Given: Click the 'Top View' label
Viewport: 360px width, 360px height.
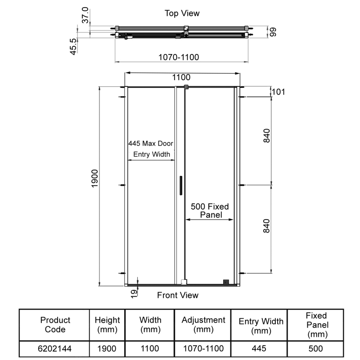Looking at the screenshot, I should (x=182, y=13).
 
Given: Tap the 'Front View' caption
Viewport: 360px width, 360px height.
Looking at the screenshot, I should (x=177, y=295).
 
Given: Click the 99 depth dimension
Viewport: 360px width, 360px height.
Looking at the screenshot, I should (x=272, y=32).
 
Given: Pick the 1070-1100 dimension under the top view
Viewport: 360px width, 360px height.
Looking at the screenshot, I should (x=179, y=57).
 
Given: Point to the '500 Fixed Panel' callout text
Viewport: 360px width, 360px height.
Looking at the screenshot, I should (x=210, y=211).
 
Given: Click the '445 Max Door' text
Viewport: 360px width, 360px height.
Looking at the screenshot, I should (x=151, y=144).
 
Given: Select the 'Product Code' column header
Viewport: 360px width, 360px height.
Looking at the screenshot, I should (x=55, y=325).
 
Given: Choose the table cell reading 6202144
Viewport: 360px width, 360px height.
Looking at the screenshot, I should (x=55, y=348).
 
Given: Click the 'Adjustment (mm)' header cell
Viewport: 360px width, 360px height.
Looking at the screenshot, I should (x=203, y=325).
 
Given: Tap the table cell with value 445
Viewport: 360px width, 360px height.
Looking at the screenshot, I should (x=261, y=348).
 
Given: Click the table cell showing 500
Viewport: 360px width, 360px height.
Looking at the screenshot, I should (x=315, y=348).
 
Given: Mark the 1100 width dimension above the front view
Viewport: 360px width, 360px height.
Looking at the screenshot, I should (x=181, y=77).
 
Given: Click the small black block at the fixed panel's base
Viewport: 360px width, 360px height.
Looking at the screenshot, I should (x=226, y=282).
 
